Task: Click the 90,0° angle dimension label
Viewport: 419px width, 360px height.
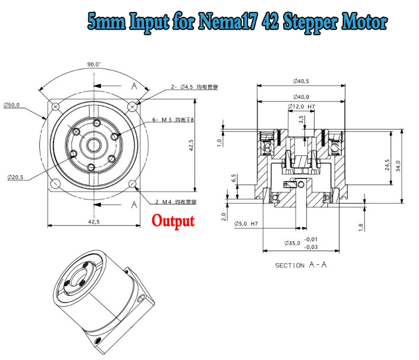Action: [x=94, y=64]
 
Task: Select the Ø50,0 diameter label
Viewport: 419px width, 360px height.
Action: [x=12, y=105]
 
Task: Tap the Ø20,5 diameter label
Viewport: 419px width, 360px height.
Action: [x=15, y=177]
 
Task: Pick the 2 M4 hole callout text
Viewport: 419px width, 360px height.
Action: [x=176, y=202]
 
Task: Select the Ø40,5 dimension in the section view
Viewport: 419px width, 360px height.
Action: [x=301, y=81]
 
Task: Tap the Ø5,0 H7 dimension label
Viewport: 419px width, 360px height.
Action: [x=246, y=223]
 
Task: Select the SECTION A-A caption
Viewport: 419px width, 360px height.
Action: [x=301, y=265]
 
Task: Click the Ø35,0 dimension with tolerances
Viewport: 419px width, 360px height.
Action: [x=304, y=243]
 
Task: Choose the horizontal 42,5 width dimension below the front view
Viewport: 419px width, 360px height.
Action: [x=94, y=222]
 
